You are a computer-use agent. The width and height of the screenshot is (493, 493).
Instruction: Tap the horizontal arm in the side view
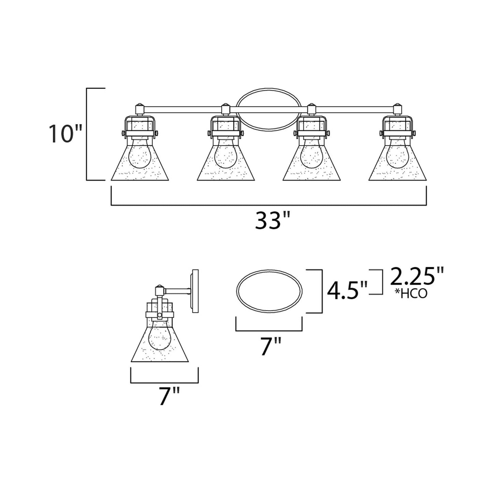point(177,291)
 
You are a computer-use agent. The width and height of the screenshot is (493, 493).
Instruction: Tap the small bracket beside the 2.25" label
point(380,281)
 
